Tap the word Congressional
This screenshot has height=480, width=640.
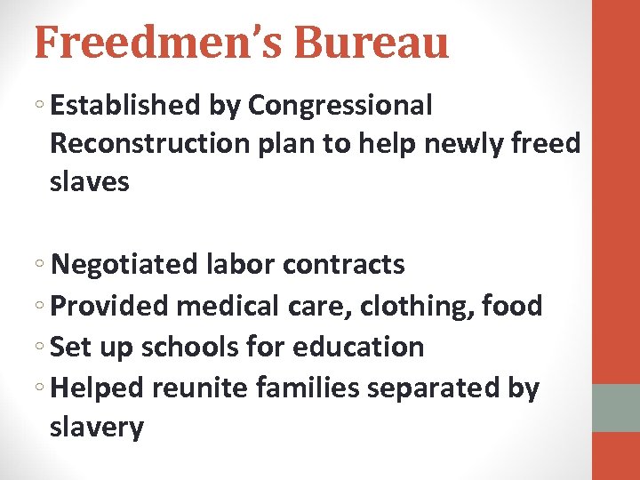point(340,106)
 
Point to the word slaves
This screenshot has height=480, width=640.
point(90,182)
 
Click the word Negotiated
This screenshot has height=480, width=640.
point(124,265)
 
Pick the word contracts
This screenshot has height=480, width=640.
point(343,265)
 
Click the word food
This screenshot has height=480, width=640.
point(512,306)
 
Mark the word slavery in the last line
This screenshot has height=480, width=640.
point(96,428)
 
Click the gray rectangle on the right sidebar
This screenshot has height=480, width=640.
point(616,408)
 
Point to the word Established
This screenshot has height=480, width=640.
point(125,106)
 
